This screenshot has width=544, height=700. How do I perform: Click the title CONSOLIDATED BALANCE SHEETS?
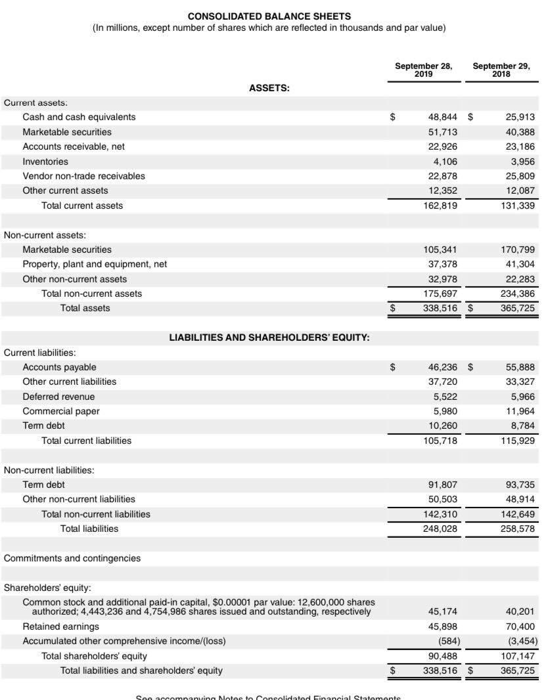coord(269,16)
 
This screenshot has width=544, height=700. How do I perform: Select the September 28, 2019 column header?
coord(423,70)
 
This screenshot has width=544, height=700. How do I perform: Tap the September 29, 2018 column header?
coord(501,70)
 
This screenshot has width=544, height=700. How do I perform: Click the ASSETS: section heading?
coord(269,88)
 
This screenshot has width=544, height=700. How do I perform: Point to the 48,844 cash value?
coord(442,117)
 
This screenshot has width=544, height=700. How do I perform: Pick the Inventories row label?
coord(45,162)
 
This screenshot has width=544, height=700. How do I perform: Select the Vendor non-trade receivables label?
coord(83,176)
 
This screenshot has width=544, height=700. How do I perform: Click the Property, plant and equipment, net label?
coord(95,264)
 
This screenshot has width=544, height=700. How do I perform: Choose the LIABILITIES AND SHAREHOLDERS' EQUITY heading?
coord(269,338)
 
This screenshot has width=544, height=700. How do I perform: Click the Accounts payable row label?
coord(59,367)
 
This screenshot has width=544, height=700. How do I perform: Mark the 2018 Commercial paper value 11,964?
coord(520,411)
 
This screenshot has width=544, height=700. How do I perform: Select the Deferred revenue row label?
coord(58,397)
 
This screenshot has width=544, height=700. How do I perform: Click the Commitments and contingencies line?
coord(72,558)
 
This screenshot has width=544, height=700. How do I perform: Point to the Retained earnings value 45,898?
coord(442,626)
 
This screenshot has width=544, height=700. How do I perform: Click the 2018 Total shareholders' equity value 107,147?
coord(517,656)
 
